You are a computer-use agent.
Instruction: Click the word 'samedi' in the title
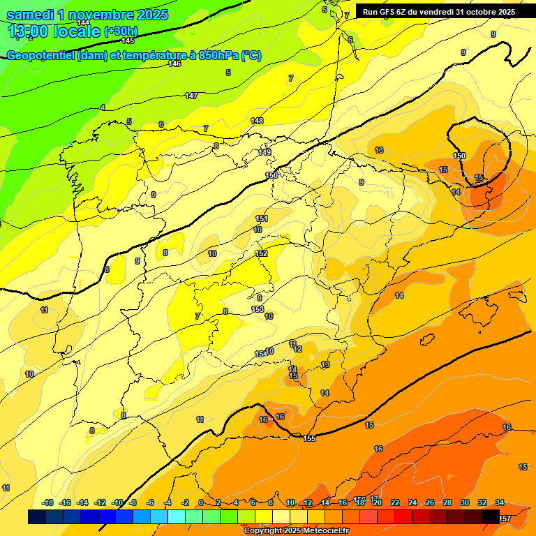click(x=32, y=15)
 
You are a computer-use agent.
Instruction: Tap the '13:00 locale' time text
click(x=54, y=31)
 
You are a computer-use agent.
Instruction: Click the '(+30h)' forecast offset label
click(x=121, y=31)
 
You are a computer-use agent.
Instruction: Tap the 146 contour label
click(x=174, y=64)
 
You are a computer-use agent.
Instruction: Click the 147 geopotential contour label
click(x=191, y=96)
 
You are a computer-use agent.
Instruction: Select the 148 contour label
click(x=257, y=121)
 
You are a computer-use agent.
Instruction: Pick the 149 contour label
click(x=265, y=152)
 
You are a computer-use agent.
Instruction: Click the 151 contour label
click(x=261, y=218)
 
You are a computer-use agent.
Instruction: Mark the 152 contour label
click(x=261, y=253)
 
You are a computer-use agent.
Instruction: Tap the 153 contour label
click(x=258, y=309)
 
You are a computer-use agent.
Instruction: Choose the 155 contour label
click(x=310, y=438)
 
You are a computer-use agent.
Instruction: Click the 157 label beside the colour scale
click(x=505, y=519)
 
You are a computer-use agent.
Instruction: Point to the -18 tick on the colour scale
click(x=47, y=502)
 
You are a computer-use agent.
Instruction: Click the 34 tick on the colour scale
click(x=500, y=502)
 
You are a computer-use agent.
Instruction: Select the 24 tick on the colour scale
click(x=412, y=502)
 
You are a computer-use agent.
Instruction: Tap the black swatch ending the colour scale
click(x=491, y=517)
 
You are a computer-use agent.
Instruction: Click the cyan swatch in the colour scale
click(x=177, y=517)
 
